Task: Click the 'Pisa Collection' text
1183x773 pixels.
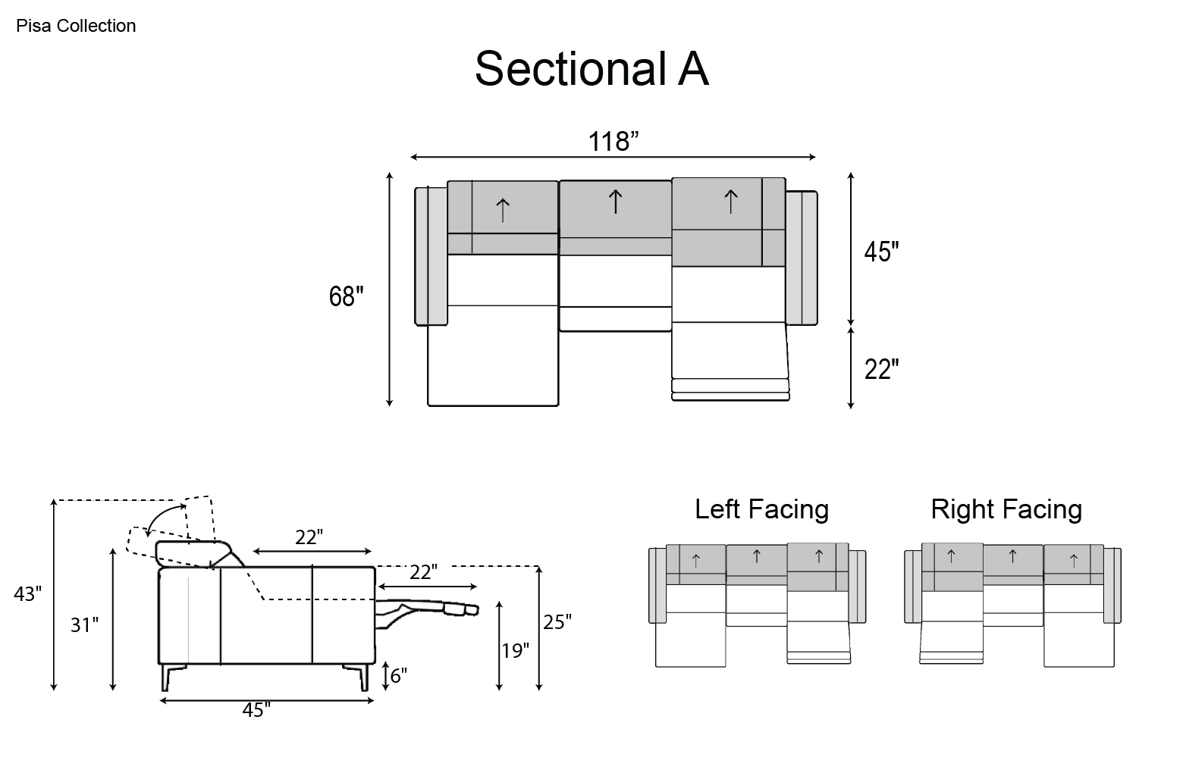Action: pos(76,26)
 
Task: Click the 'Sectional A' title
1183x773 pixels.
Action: pos(591,69)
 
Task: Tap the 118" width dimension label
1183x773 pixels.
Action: pos(613,142)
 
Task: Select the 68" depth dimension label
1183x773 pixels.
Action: pos(347,296)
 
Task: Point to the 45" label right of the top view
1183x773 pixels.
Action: pos(881,252)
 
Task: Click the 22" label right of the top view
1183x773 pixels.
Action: pos(881,369)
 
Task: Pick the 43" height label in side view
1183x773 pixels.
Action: pos(27,594)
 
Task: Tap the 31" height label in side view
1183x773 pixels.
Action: pos(84,625)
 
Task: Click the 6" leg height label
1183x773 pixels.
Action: pos(399,675)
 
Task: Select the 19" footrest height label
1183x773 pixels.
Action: pos(516,650)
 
